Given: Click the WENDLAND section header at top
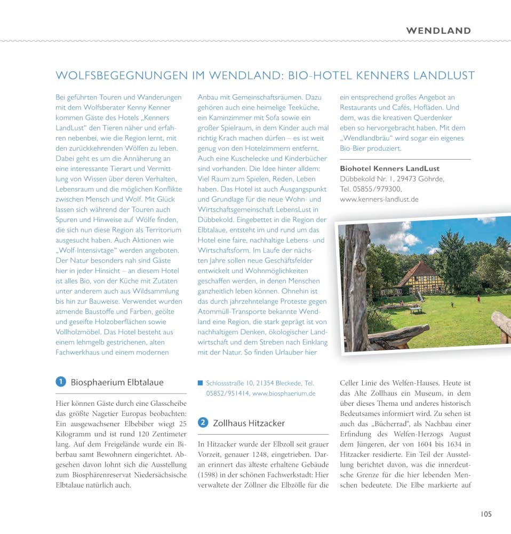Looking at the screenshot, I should click(438, 30).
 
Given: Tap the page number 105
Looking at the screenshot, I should click(485, 514).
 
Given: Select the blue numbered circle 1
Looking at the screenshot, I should click(61, 382).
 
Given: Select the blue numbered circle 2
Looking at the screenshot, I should click(203, 423).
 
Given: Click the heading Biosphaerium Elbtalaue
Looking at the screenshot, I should click(117, 382).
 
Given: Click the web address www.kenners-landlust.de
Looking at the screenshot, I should click(379, 199).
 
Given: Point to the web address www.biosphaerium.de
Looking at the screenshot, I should click(283, 393).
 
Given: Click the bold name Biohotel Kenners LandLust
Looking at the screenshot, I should click(389, 169).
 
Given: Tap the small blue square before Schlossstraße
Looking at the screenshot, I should click(201, 383).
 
